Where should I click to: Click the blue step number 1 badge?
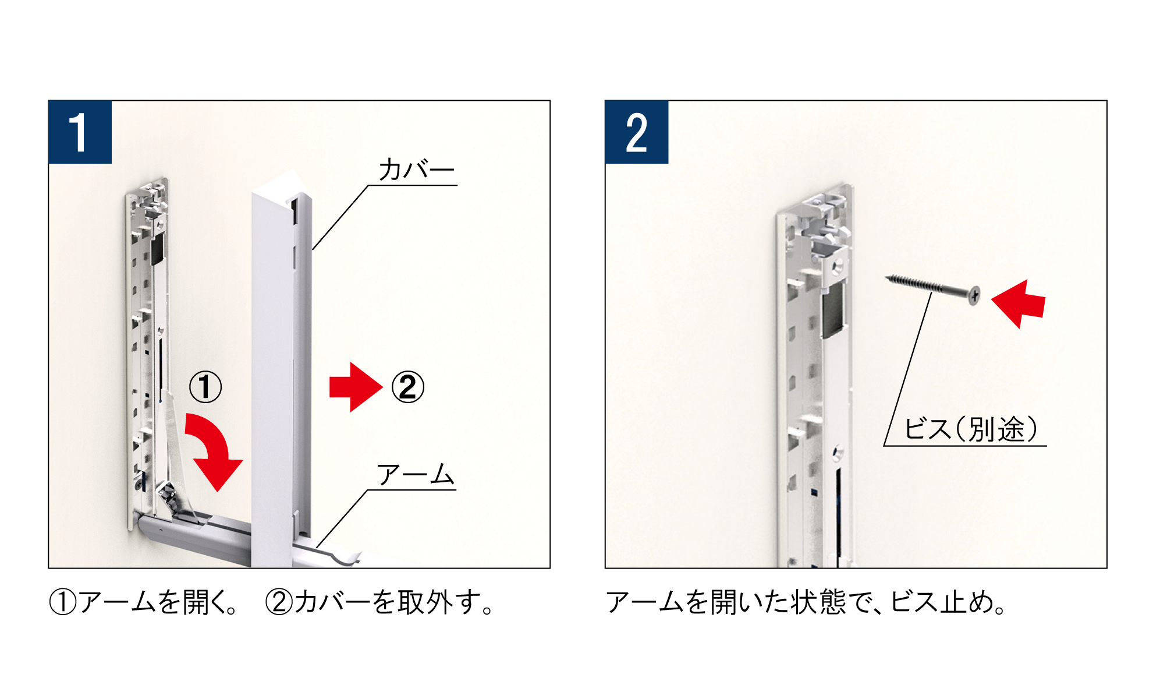tap(80, 132)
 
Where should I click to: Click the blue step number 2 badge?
tap(637, 132)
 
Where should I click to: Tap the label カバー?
tap(417, 170)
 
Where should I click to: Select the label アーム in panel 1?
tap(416, 475)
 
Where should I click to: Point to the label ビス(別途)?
tap(971, 429)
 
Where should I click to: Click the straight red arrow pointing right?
tap(356, 387)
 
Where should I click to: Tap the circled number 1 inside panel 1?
tap(205, 387)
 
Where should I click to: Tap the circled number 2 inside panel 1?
tap(407, 387)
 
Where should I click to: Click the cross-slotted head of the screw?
tap(974, 296)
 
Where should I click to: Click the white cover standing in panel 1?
tap(282, 373)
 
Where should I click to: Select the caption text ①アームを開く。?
tap(144, 602)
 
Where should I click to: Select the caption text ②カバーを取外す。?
tap(379, 602)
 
